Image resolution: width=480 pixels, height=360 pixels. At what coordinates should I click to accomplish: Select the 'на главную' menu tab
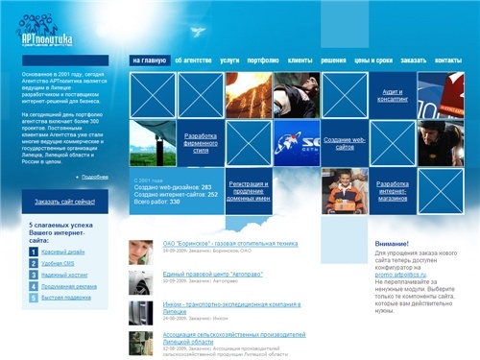pos(149,60)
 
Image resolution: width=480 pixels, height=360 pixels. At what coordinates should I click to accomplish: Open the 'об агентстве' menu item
pos(192,60)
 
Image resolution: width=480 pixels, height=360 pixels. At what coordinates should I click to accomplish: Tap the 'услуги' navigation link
pos(229,60)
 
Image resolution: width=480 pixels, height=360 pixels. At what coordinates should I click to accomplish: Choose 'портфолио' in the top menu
pos(264,60)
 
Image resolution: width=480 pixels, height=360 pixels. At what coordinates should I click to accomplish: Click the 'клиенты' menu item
pos(300,60)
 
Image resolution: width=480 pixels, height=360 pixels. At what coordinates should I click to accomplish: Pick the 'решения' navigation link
pos(335,60)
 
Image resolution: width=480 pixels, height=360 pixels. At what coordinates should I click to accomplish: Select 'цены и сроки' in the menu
pos(372,60)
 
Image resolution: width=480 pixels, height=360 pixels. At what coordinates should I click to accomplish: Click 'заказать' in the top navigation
pos(413,60)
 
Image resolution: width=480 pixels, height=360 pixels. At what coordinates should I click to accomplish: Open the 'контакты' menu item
pos(447,60)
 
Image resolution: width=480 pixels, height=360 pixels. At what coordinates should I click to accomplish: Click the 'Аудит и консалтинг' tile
pos(394,95)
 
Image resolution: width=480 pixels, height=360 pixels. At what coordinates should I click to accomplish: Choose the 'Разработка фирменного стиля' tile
pos(200,143)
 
